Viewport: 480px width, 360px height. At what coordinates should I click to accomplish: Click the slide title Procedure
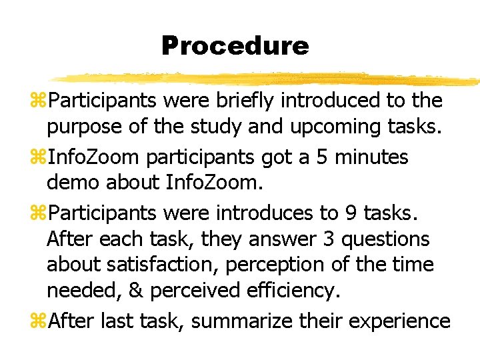235,46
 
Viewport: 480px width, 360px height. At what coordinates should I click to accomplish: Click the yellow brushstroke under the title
267,77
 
